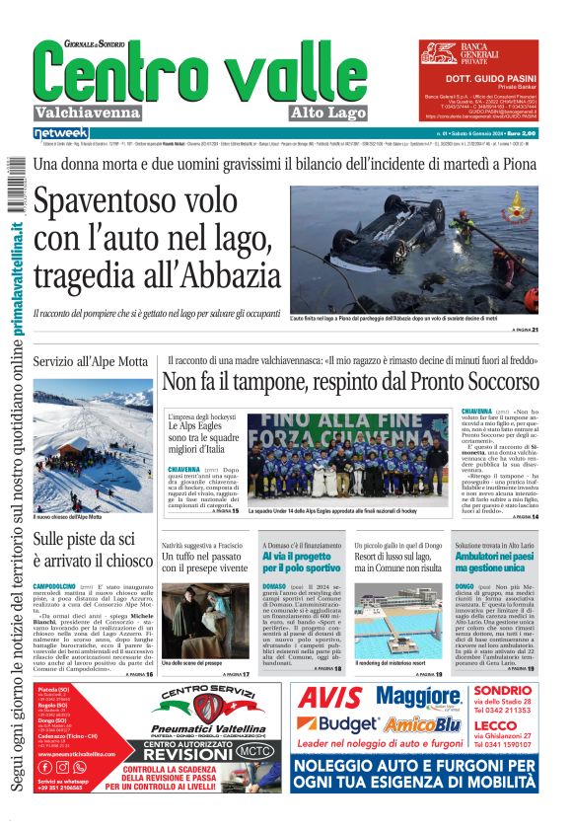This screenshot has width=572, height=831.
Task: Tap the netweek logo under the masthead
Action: [x=61, y=133]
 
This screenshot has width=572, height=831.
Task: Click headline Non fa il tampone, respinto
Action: [x=350, y=381]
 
